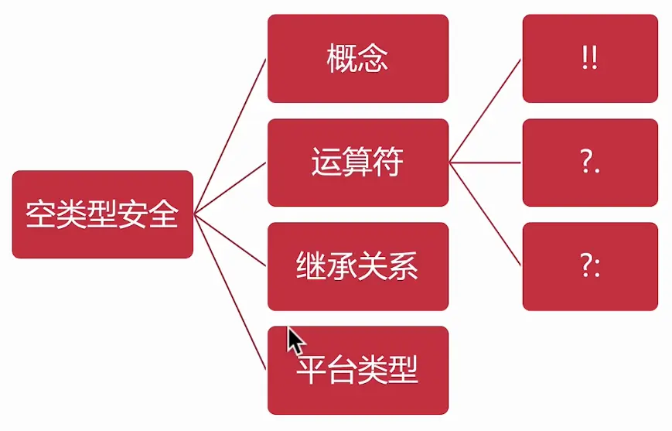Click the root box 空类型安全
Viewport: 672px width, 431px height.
(102, 214)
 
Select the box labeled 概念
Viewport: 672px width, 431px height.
(357, 59)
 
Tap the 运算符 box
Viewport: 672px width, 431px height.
(357, 162)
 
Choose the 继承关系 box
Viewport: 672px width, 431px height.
(357, 267)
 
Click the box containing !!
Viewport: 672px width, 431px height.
(589, 59)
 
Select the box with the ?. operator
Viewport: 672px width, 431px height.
(589, 162)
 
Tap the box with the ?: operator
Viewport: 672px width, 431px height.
(589, 267)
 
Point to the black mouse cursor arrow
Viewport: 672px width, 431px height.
(295, 340)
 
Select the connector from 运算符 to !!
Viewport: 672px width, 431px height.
(486, 111)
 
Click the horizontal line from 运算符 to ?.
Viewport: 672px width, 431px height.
(486, 162)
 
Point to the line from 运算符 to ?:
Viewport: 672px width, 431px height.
(486, 214)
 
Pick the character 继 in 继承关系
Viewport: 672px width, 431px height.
(311, 267)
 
